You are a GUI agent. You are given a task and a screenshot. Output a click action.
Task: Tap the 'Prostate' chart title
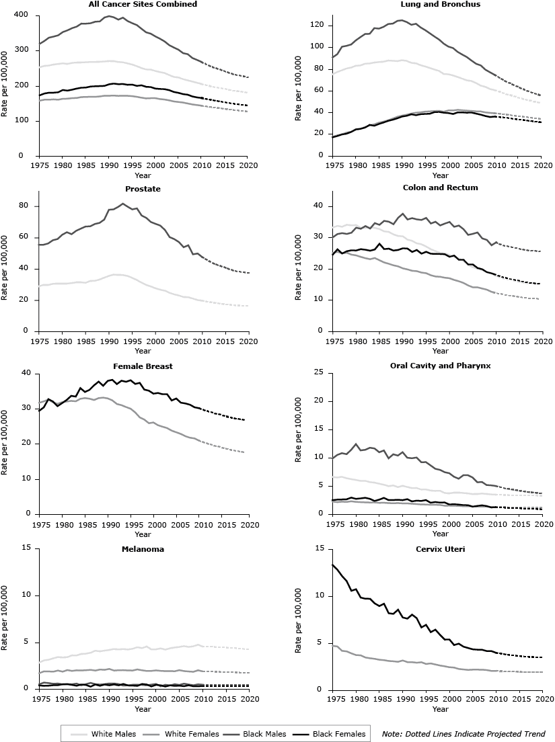click(x=143, y=189)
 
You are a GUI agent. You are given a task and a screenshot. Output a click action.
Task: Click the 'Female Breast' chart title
click(x=143, y=366)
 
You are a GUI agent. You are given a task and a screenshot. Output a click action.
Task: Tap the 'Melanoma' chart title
click(x=143, y=548)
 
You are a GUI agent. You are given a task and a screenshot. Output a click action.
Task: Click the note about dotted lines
click(x=463, y=734)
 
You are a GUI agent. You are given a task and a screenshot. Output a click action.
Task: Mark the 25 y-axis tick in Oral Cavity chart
click(x=323, y=372)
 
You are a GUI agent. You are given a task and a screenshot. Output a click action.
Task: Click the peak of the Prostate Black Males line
click(x=122, y=203)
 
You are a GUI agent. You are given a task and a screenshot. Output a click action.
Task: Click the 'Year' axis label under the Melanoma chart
click(x=143, y=708)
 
